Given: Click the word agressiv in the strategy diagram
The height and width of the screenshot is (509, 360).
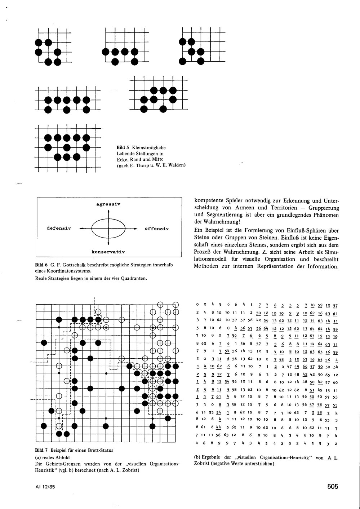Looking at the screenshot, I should coord(108,204).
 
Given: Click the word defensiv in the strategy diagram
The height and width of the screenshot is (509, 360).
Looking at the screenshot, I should coord(59,229).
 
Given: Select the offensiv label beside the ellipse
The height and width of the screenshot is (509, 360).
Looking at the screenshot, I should coord(157,229).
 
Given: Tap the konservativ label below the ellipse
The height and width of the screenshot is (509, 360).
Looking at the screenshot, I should coord(108,251).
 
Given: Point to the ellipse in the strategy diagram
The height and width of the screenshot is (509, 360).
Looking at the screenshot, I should coord(108,228).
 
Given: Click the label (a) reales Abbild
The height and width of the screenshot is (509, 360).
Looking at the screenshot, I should coord(53,457).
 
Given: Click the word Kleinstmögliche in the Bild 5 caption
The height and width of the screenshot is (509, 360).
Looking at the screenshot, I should coord(149,148).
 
